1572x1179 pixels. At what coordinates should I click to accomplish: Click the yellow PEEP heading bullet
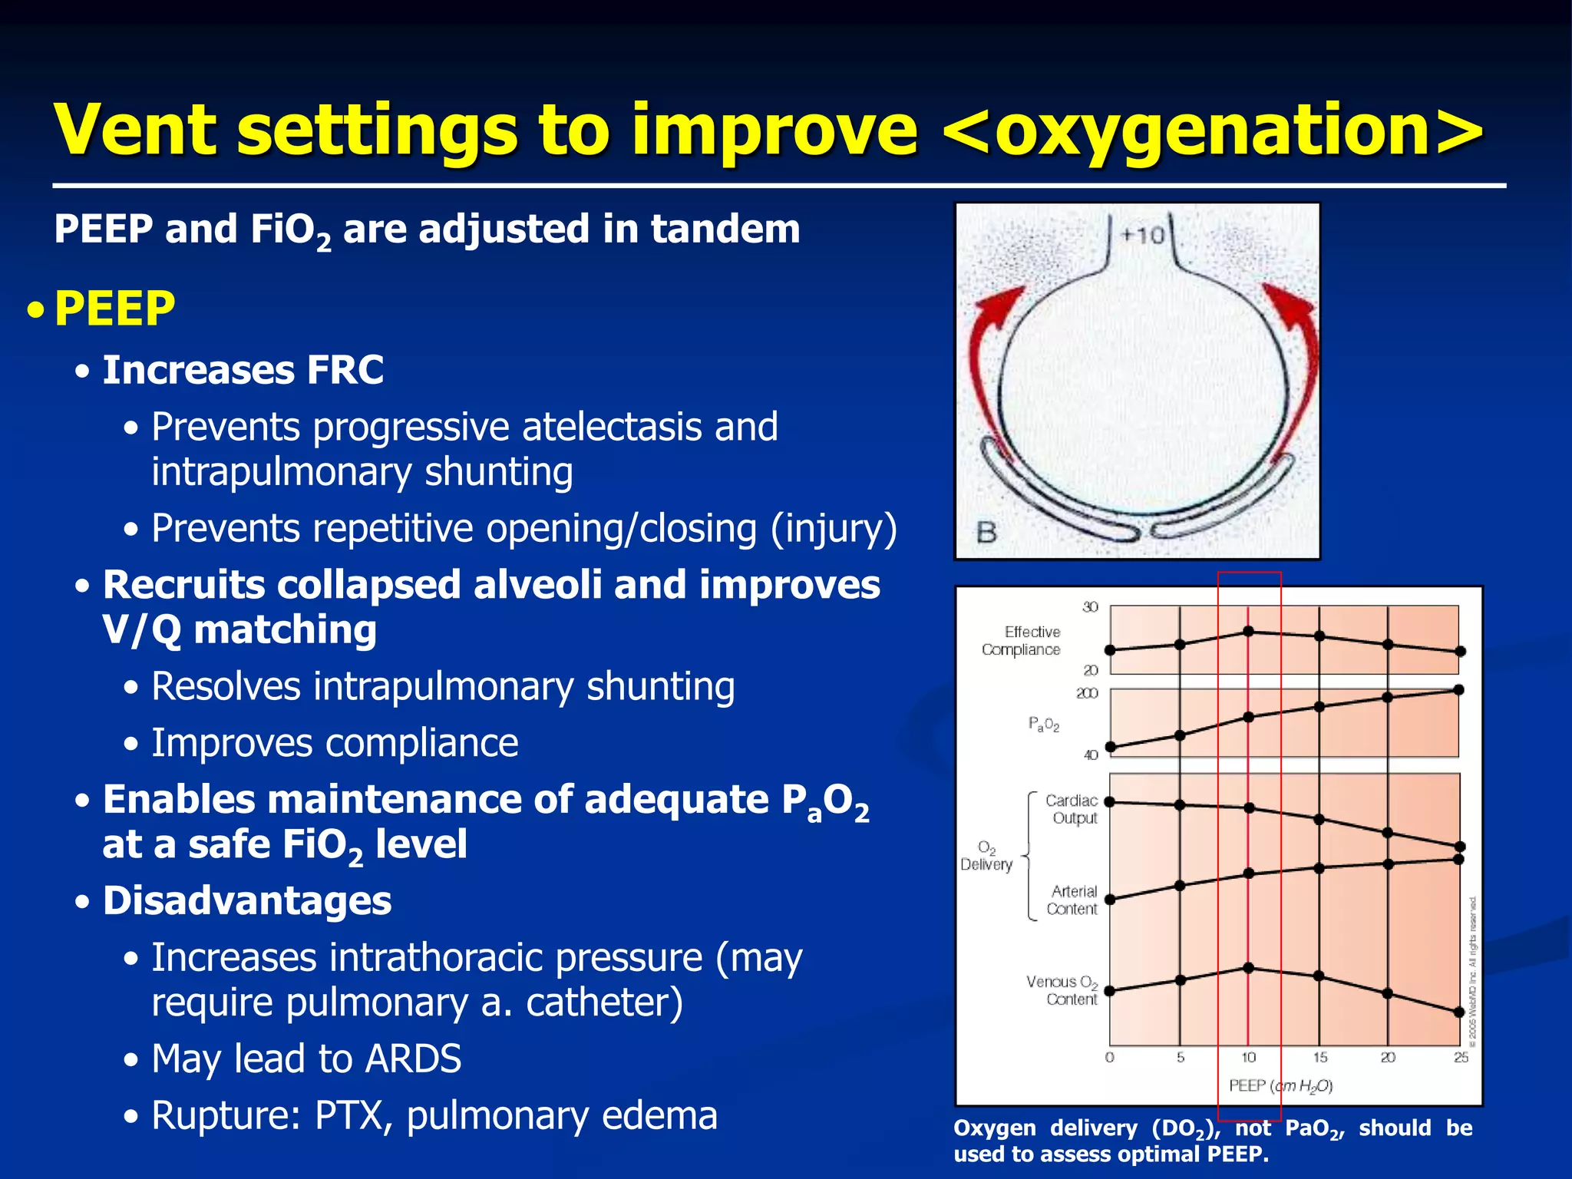point(115,309)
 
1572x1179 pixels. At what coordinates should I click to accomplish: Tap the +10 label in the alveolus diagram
point(1143,235)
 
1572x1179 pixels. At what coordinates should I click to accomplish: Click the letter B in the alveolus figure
point(986,532)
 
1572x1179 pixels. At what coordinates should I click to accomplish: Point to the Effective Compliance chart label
point(1022,641)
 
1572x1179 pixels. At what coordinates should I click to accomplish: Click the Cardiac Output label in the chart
point(1073,809)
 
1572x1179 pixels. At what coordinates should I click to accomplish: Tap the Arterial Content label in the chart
point(1073,900)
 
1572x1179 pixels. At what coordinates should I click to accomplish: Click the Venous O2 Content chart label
point(1062,990)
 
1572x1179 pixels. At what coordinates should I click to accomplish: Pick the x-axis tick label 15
point(1319,1058)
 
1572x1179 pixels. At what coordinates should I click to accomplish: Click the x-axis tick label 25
point(1461,1058)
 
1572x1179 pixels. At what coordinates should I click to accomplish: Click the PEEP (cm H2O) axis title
point(1280,1085)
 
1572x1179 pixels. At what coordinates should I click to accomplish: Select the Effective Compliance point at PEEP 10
point(1249,631)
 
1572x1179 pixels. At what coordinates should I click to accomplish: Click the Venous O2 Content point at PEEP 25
point(1459,1012)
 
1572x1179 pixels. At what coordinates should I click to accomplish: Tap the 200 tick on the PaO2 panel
point(1087,693)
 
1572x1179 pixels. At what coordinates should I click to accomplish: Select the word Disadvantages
point(247,901)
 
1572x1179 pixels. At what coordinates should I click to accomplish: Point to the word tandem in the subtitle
point(725,230)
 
